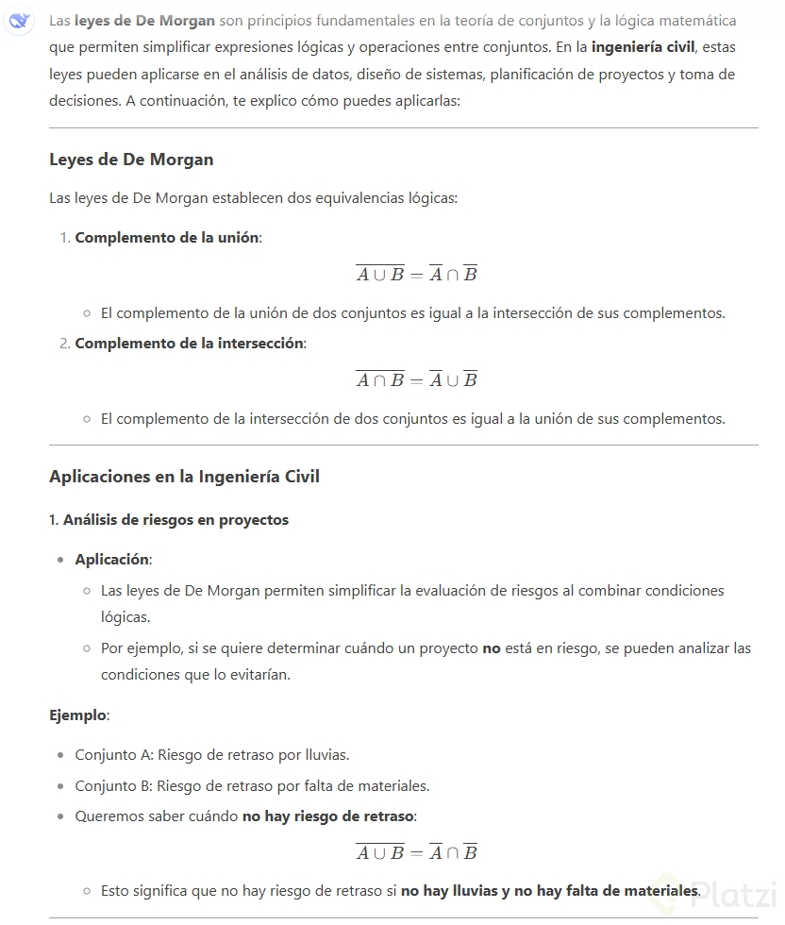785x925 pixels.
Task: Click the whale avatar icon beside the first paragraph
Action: tap(18, 22)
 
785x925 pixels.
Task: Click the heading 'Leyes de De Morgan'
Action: tap(131, 160)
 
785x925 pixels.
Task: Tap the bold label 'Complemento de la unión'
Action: tap(166, 238)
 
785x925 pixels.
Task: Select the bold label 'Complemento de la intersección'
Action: tap(190, 344)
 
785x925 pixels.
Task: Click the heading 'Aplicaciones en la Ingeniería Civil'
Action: tap(184, 477)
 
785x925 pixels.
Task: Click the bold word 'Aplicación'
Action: tap(111, 560)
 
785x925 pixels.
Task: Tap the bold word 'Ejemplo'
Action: tap(77, 715)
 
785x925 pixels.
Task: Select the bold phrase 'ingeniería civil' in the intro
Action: tap(643, 47)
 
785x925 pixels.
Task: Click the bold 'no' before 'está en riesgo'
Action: tap(491, 648)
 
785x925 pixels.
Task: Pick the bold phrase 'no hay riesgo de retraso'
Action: tap(328, 816)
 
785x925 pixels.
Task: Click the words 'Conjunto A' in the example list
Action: tap(113, 755)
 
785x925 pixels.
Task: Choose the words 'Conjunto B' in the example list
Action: tap(113, 785)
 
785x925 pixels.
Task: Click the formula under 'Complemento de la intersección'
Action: tap(416, 379)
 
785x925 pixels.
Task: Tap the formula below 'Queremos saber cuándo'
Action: tap(416, 852)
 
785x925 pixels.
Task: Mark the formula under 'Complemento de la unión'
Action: tap(416, 275)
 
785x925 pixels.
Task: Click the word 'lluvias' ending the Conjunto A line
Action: tap(326, 755)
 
